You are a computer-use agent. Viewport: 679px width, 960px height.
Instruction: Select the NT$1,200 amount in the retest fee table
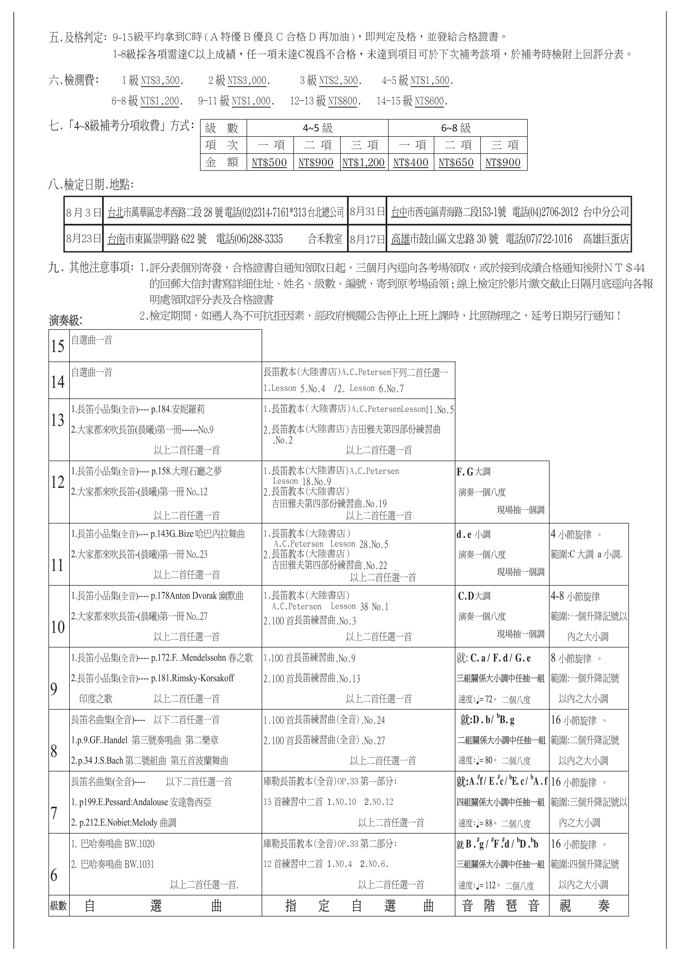(x=363, y=163)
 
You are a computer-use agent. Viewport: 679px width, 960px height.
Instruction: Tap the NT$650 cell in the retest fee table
(x=456, y=163)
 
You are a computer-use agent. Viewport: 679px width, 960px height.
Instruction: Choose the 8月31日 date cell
(x=367, y=212)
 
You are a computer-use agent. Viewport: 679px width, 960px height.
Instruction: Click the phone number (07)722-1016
(x=539, y=239)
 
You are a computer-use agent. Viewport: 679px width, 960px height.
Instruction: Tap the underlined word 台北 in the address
(x=115, y=212)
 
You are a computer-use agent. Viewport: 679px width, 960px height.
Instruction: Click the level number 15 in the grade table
(x=58, y=346)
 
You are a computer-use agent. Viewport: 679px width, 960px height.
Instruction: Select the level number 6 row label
(x=54, y=875)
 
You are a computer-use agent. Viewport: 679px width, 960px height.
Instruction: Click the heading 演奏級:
(x=66, y=321)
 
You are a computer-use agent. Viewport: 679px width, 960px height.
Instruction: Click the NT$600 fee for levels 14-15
(x=430, y=101)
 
